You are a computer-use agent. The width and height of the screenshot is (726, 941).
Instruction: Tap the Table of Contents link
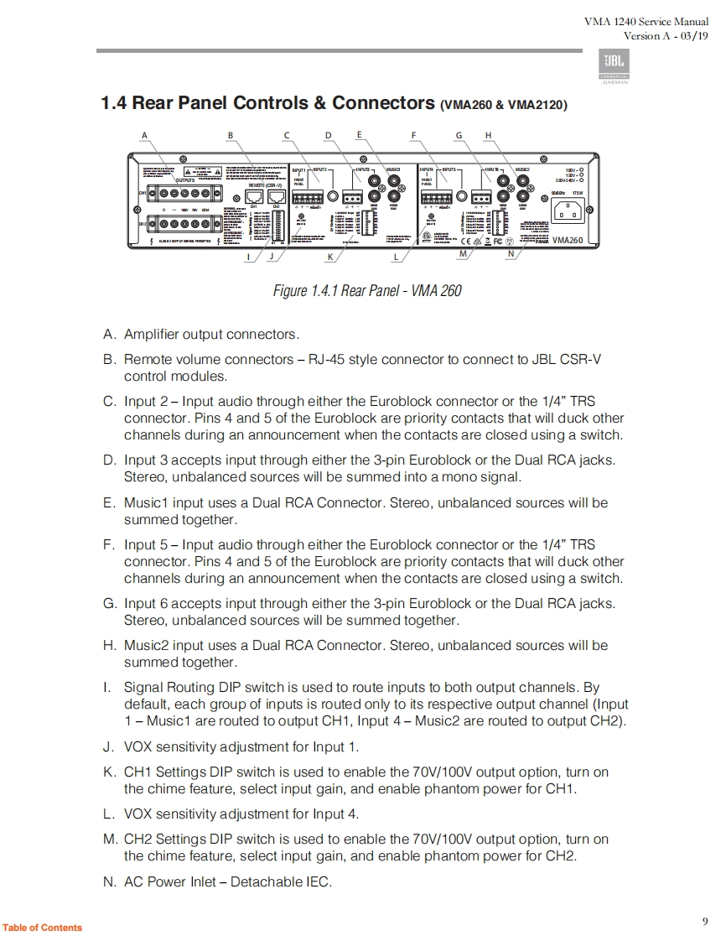coord(43,928)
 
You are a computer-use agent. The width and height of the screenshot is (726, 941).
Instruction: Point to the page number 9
coord(705,922)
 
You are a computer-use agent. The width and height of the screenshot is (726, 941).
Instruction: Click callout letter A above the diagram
coord(145,135)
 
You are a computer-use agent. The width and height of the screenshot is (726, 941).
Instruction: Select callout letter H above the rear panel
coord(488,135)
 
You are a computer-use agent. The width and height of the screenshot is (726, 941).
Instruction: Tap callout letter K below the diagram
coord(330,257)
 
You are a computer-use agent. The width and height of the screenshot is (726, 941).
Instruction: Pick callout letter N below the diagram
coord(511,254)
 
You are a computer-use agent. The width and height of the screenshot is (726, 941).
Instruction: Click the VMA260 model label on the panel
coord(567,240)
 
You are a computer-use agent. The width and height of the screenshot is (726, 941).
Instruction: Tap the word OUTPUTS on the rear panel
coord(184,179)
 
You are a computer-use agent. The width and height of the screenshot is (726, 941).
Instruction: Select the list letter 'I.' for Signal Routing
coord(106,688)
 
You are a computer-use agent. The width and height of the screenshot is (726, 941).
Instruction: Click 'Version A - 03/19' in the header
coord(666,36)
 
